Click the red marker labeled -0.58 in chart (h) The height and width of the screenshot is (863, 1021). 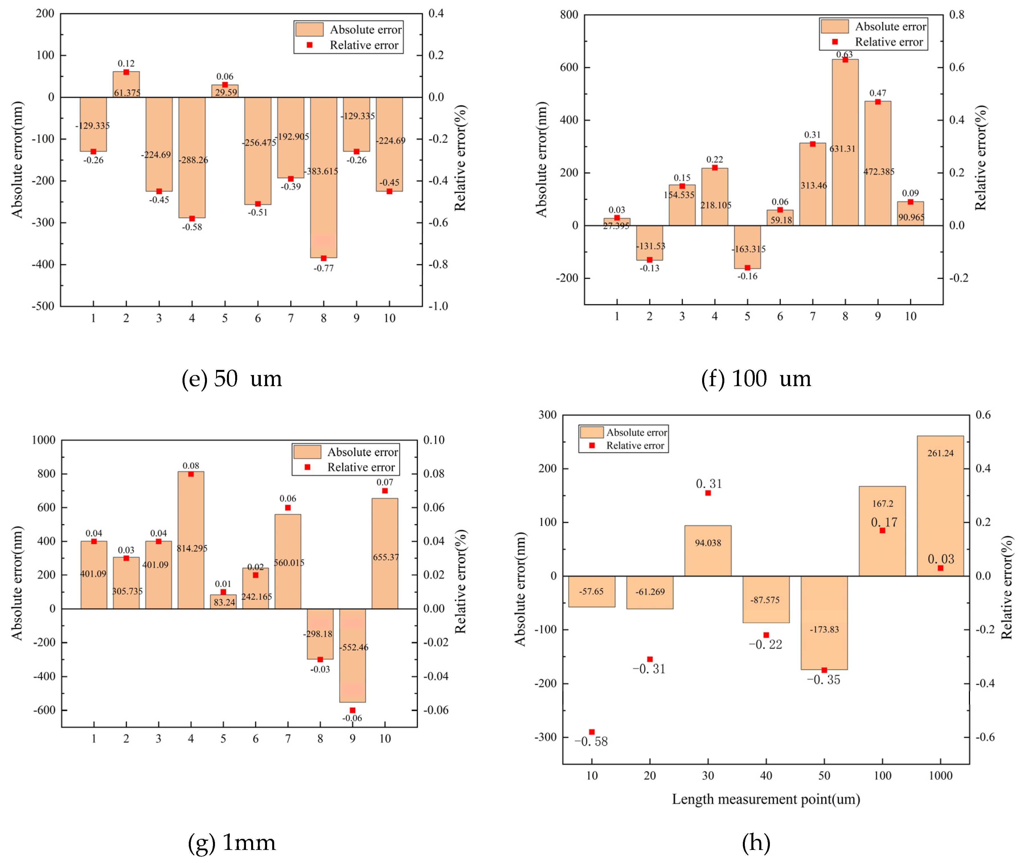click(592, 732)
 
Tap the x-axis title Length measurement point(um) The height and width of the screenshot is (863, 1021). click(766, 799)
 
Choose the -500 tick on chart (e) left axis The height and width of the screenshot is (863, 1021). click(43, 306)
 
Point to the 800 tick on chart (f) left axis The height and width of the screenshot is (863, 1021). click(569, 15)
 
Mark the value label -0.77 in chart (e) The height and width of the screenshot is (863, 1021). click(323, 268)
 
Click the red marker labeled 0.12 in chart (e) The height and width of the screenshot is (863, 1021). click(126, 72)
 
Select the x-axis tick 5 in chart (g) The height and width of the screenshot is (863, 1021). click(223, 739)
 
